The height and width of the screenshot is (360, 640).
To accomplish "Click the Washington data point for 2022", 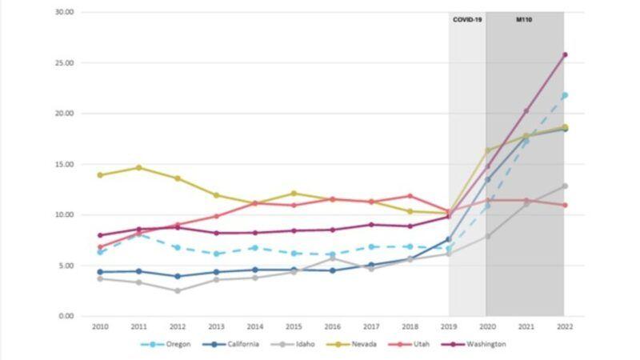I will click(564, 55).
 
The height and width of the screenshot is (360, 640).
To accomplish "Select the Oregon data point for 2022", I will click(564, 95).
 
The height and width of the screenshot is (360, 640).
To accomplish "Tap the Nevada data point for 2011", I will click(138, 168).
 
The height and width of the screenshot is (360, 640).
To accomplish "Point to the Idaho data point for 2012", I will click(177, 290).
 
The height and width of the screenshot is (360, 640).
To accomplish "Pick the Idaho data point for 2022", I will click(564, 186).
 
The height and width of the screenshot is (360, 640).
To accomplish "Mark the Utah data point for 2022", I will click(564, 205).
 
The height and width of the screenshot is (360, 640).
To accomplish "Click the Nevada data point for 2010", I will click(99, 175).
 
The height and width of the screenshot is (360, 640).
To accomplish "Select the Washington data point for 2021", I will click(526, 110).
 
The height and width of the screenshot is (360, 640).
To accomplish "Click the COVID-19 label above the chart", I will click(467, 19).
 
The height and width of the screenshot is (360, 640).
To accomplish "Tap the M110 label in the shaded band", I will click(524, 19).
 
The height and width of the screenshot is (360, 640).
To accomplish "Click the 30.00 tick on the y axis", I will click(64, 12).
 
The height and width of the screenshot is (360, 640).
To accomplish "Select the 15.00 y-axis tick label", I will click(64, 164).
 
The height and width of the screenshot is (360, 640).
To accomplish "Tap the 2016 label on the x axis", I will click(332, 326).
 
